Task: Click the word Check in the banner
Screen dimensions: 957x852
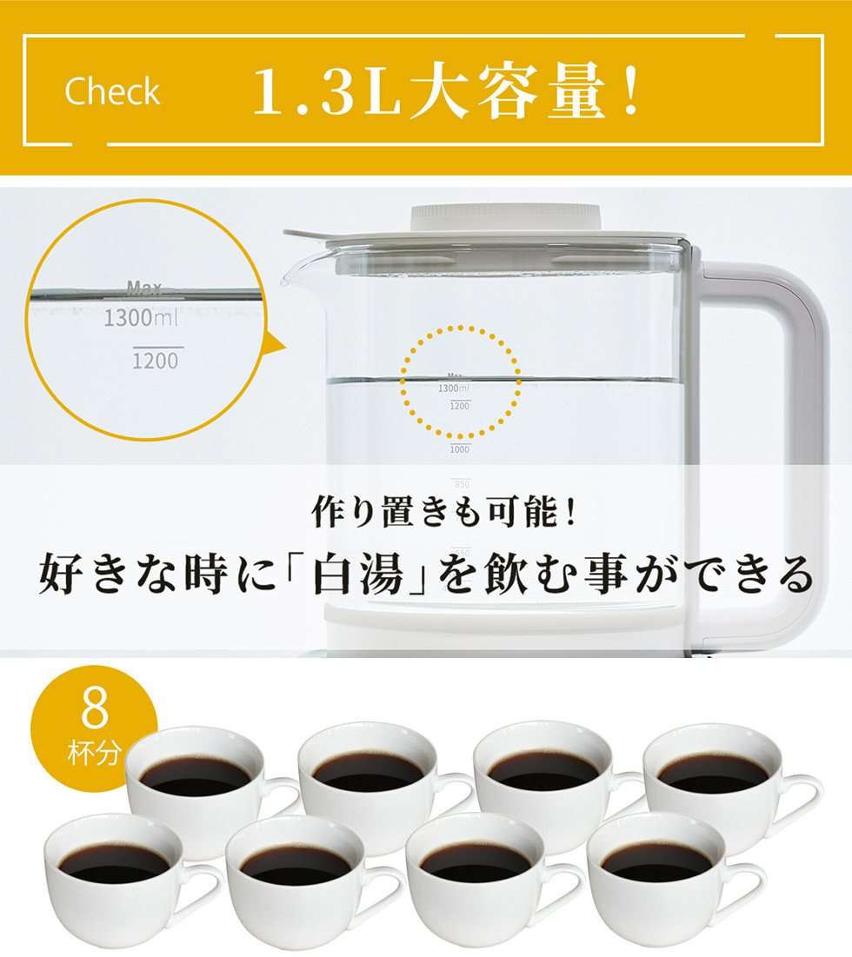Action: click(112, 91)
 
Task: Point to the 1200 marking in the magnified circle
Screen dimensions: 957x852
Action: click(156, 359)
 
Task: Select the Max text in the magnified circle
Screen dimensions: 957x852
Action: click(143, 286)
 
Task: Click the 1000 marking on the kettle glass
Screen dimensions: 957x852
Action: click(460, 449)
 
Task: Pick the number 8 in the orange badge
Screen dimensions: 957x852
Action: click(94, 710)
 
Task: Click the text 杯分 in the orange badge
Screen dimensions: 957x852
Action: click(94, 752)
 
